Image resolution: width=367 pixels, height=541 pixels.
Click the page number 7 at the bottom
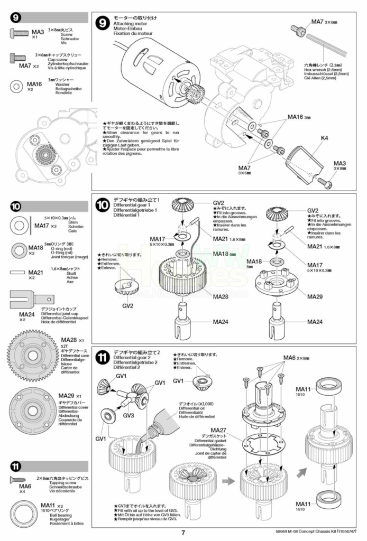[x=183, y=533]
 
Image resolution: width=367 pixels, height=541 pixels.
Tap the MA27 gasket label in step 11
[x=218, y=430]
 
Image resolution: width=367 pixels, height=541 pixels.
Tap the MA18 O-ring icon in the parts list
[x=19, y=249]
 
